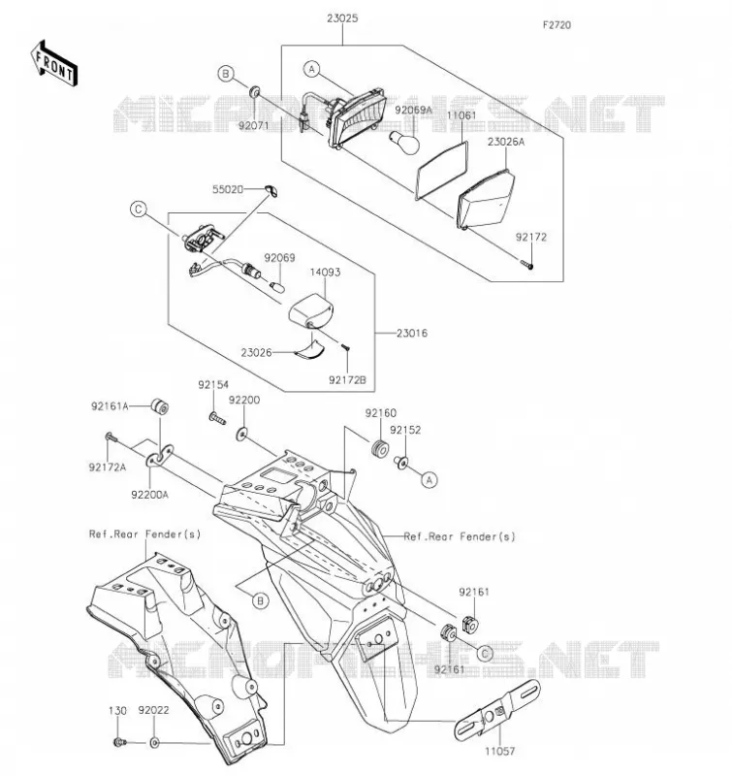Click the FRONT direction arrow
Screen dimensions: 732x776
pos(54,64)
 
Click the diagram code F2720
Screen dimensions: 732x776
pos(557,25)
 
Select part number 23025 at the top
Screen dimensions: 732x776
pos(342,18)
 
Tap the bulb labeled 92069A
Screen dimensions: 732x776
pos(405,141)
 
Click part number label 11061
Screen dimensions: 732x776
pos(461,115)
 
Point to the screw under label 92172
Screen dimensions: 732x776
pos(526,263)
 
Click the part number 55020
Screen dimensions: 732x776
pos(228,189)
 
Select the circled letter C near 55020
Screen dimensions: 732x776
pos(139,210)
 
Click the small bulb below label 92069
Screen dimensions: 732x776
pos(278,285)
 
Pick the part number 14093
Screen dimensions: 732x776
pos(325,272)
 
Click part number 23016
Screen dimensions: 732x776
pos(411,333)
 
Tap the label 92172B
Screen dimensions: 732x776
pos(347,379)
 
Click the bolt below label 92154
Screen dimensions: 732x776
pos(217,419)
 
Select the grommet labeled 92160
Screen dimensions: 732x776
pos(380,448)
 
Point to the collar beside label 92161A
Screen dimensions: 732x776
pos(160,406)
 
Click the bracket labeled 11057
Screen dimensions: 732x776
pos(497,710)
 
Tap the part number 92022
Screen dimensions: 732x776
pos(153,710)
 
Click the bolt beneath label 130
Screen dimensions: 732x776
pos(119,742)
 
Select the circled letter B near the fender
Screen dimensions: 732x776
pos(260,600)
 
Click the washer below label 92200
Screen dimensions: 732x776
pos(241,434)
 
